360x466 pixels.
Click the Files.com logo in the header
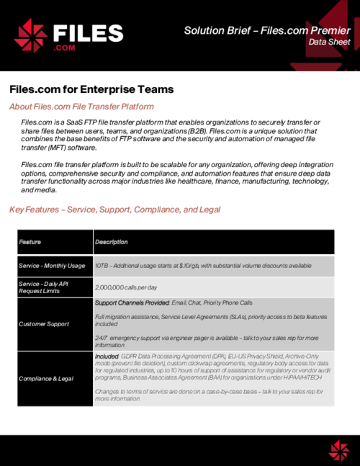coord(69,35)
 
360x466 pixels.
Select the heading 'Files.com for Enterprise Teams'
coord(91,89)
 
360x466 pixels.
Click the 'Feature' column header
coord(30,242)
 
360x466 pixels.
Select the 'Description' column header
coord(111,242)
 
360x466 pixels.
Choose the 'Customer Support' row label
coord(45,324)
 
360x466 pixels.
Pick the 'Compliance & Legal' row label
coord(47,378)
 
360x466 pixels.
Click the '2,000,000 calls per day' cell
coord(127,287)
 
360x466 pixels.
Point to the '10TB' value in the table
coord(102,266)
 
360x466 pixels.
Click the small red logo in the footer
coord(338,450)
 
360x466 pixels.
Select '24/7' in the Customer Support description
coord(102,337)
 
